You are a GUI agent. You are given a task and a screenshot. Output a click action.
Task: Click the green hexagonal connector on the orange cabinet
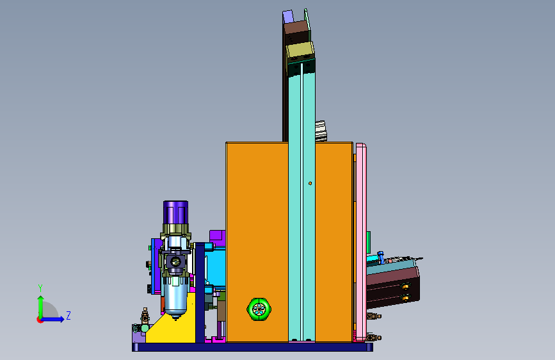(259, 309)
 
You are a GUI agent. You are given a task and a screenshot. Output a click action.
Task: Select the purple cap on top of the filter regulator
(175, 212)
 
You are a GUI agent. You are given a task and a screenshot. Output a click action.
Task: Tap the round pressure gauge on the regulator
(175, 262)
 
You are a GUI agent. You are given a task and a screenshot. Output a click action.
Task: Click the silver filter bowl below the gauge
(175, 298)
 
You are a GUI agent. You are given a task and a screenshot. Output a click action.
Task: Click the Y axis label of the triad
(40, 288)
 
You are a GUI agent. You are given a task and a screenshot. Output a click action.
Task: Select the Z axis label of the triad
(68, 315)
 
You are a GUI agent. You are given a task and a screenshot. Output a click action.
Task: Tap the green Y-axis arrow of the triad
(40, 307)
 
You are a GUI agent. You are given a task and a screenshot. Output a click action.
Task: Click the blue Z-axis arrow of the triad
(52, 319)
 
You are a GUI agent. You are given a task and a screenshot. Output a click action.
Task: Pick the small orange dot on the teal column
(310, 183)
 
